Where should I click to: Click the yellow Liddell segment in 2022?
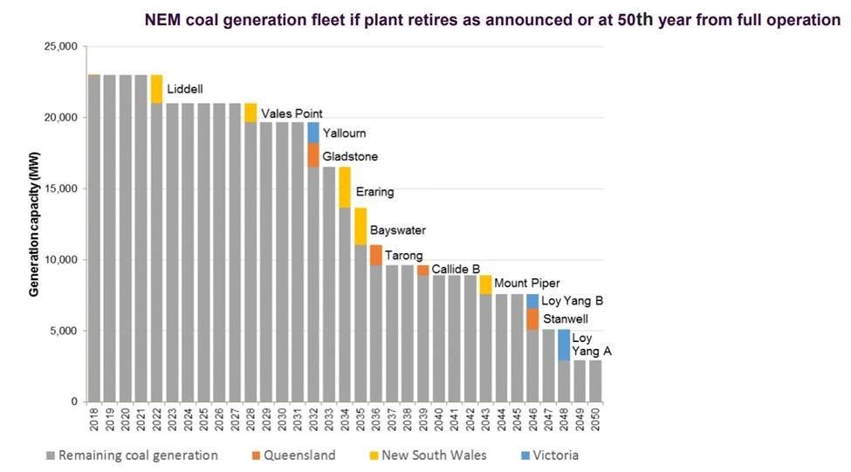click(156, 89)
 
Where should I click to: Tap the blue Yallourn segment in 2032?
click(313, 133)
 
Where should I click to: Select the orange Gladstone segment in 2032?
click(313, 155)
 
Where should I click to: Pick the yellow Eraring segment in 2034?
click(345, 188)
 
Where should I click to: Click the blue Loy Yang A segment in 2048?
click(564, 345)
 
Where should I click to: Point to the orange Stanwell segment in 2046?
click(532, 318)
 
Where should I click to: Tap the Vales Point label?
click(292, 113)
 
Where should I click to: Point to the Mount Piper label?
click(526, 284)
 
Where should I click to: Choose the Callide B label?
click(456, 269)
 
